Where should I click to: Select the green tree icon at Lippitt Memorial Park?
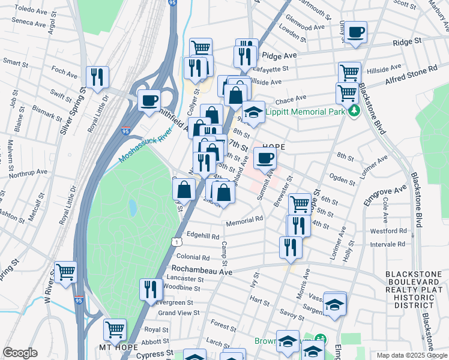click(x=354, y=110)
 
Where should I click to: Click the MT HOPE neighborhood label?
click(x=118, y=347)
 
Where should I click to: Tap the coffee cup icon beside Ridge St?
click(x=356, y=32)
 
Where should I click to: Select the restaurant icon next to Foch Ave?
click(x=97, y=76)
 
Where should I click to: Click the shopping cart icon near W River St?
click(x=65, y=272)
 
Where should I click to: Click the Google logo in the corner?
click(x=20, y=353)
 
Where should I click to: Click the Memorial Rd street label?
click(x=244, y=223)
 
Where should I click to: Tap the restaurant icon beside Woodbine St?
click(x=151, y=289)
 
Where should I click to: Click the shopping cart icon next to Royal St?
click(x=115, y=329)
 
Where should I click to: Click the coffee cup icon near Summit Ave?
click(x=265, y=158)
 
